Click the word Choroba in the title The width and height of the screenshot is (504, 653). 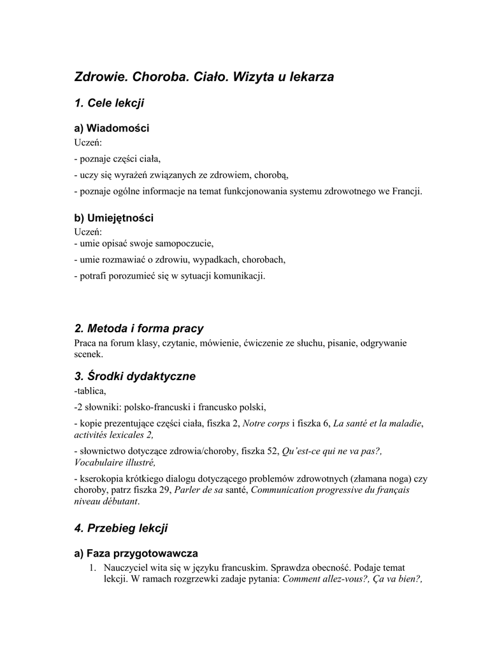(157, 77)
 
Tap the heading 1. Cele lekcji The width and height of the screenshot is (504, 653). (110, 103)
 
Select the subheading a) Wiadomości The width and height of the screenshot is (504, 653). (112, 128)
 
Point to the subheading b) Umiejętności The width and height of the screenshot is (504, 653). (114, 218)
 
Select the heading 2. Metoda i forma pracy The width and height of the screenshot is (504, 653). (139, 328)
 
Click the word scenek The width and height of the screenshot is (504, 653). (88, 354)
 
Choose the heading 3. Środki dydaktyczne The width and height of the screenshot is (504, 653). (134, 376)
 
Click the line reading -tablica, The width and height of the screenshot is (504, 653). (90, 390)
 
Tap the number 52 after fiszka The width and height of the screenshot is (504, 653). (273, 451)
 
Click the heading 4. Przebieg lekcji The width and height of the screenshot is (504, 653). (121, 528)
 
